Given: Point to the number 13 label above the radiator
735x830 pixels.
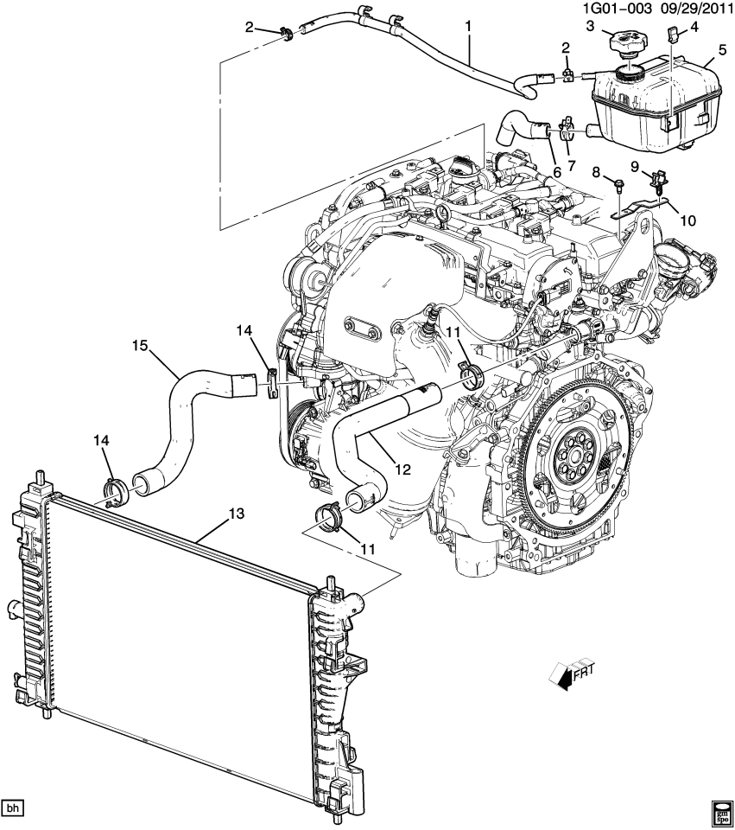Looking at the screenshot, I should click(237, 514).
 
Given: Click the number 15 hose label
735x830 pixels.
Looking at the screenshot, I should click(141, 346).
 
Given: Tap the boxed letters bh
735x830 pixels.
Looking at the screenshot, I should click(12, 808).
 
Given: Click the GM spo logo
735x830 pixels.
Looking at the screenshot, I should click(721, 811).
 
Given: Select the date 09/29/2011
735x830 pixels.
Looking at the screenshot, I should click(694, 10).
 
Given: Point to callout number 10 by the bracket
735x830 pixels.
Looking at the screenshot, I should click(687, 220).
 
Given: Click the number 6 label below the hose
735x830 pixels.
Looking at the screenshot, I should click(557, 172).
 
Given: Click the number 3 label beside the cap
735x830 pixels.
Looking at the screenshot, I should click(589, 27).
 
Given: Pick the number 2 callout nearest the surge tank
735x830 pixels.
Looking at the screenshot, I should click(565, 47).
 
